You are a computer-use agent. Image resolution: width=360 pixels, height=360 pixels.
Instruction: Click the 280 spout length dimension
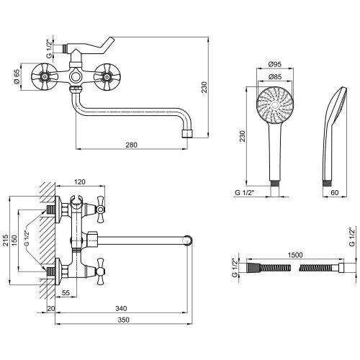tap(132, 145)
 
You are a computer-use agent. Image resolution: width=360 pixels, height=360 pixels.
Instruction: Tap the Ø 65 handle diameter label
tap(17, 77)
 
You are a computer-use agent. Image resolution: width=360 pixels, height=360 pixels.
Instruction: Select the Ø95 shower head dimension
tap(275, 64)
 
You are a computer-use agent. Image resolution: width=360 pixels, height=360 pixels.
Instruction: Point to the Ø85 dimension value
tap(275, 77)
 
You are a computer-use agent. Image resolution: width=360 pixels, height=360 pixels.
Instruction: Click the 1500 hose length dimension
tap(295, 255)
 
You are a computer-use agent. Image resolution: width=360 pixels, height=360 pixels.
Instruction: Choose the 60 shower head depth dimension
tap(334, 192)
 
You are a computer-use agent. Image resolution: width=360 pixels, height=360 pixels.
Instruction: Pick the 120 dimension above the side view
tap(80, 182)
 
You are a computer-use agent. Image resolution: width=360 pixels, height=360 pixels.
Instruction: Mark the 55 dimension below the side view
tap(66, 292)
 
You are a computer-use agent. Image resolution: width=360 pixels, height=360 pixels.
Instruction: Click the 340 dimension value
tap(121, 308)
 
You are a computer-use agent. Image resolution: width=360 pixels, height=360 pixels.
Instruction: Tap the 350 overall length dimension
tap(123, 320)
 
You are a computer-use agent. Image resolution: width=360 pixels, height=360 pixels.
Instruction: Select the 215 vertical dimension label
tap(6, 240)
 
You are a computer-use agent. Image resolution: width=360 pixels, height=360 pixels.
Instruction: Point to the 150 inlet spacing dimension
tap(14, 240)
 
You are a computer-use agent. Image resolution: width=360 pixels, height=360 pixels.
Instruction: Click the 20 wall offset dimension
tap(51, 308)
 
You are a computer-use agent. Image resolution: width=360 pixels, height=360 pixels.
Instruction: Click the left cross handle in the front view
tap(45, 77)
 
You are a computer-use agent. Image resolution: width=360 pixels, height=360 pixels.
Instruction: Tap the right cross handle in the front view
tap(107, 77)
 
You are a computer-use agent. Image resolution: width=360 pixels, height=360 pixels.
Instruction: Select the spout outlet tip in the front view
tap(188, 134)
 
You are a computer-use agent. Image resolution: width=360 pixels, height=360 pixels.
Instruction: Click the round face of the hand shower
tap(275, 105)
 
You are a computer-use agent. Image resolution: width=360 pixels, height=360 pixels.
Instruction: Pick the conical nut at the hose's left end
tap(253, 267)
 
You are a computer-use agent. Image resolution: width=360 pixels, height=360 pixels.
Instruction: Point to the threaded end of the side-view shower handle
tap(326, 183)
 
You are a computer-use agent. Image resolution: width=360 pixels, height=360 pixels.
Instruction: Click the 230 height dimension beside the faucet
tap(204, 87)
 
